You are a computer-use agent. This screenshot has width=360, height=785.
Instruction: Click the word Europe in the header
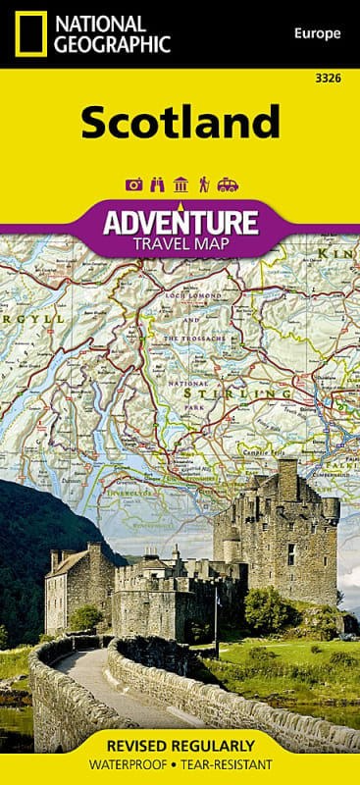316,33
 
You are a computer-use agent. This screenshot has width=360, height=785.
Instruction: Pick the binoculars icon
157,183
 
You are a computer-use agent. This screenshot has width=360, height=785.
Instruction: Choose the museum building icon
180,183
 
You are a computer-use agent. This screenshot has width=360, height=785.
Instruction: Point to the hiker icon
203,183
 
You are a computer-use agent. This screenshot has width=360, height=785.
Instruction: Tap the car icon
228,183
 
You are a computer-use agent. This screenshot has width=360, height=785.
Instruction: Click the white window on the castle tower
291,553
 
